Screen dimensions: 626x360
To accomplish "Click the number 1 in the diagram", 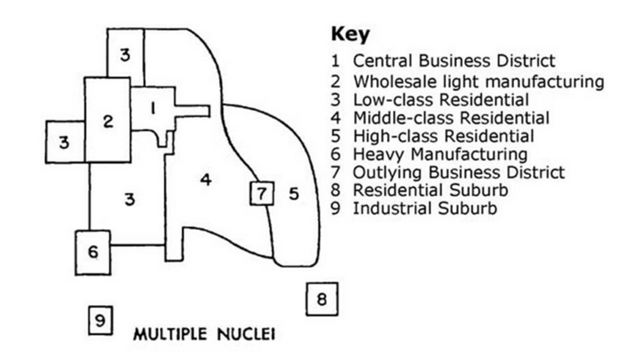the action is (153, 108).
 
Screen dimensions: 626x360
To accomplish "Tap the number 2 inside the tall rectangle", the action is (108, 122).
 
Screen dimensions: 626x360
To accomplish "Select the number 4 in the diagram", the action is (206, 180).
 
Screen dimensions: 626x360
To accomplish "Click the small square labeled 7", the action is (262, 193).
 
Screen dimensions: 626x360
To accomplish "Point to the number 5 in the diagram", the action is (294, 194).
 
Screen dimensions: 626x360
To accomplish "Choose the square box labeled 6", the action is (93, 253).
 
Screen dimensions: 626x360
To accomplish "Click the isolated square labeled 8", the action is (322, 299).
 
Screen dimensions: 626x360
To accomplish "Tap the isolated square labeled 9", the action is (100, 320).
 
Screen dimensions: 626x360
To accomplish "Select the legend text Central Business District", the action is (454, 61).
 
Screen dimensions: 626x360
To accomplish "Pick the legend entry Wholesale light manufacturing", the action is (479, 82).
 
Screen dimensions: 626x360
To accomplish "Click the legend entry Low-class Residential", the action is (441, 100).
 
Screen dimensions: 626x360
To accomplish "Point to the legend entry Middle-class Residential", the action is (451, 118).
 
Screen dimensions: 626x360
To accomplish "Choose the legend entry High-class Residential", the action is (443, 136).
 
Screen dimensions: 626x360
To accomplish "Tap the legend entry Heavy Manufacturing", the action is (440, 154).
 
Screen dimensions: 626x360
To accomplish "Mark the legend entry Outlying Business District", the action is (459, 172).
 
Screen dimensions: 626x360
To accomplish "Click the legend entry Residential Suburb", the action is (431, 190).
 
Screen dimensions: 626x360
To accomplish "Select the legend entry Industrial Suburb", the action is (425, 208).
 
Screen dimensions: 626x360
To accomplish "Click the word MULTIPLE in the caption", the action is (170, 334).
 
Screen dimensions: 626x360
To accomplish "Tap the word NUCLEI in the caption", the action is (246, 334).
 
